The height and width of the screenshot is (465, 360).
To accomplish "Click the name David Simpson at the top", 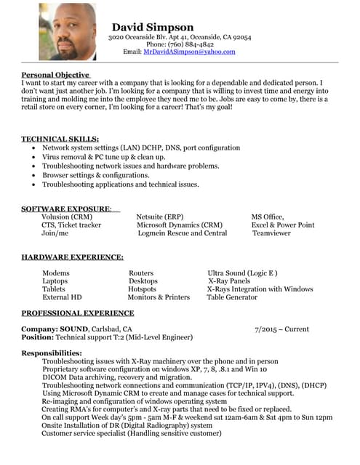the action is [x=153, y=28].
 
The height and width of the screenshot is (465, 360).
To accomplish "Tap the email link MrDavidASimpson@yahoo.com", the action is [x=189, y=52].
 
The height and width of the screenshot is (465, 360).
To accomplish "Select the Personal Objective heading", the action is [x=55, y=75].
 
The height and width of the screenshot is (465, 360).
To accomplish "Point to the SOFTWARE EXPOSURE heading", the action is [x=66, y=209].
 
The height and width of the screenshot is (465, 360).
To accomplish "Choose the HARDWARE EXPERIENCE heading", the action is [x=72, y=257].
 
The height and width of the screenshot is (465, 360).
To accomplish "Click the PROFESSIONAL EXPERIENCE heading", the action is [x=77, y=313].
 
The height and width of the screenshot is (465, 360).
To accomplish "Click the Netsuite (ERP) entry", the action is [x=160, y=217].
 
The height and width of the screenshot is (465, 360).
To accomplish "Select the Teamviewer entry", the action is [x=271, y=234].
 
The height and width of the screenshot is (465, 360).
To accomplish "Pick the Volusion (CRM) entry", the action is [x=67, y=217].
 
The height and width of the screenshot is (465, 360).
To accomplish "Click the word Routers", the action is [x=141, y=273].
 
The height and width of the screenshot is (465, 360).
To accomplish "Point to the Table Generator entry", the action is [x=232, y=297].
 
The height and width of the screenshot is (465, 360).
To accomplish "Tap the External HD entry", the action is [x=62, y=297].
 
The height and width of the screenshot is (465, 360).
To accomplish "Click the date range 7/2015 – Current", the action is [x=282, y=329].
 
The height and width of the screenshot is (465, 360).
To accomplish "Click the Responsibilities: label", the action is [x=51, y=353].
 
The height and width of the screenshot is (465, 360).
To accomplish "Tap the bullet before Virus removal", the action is [x=34, y=156].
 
